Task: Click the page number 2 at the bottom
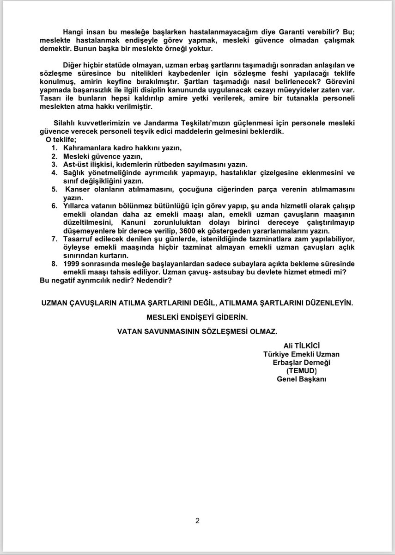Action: click(x=197, y=521)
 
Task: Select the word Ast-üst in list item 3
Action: click(x=75, y=164)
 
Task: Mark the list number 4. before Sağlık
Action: click(x=54, y=173)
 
